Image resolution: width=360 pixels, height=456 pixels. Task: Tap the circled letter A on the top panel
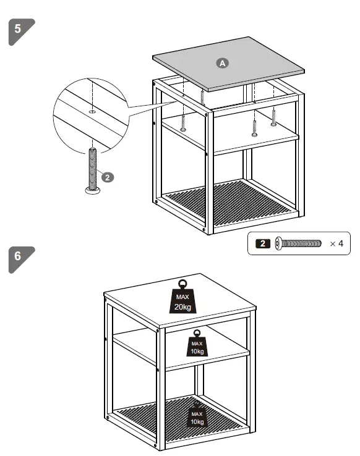(222, 62)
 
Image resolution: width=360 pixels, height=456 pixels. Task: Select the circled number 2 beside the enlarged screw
(107, 177)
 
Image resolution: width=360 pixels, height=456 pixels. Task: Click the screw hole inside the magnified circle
(92, 112)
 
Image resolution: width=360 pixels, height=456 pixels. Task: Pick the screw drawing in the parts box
(299, 243)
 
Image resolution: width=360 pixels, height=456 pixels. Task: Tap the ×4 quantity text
(336, 243)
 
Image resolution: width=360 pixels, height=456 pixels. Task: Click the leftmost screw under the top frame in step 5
(184, 124)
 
